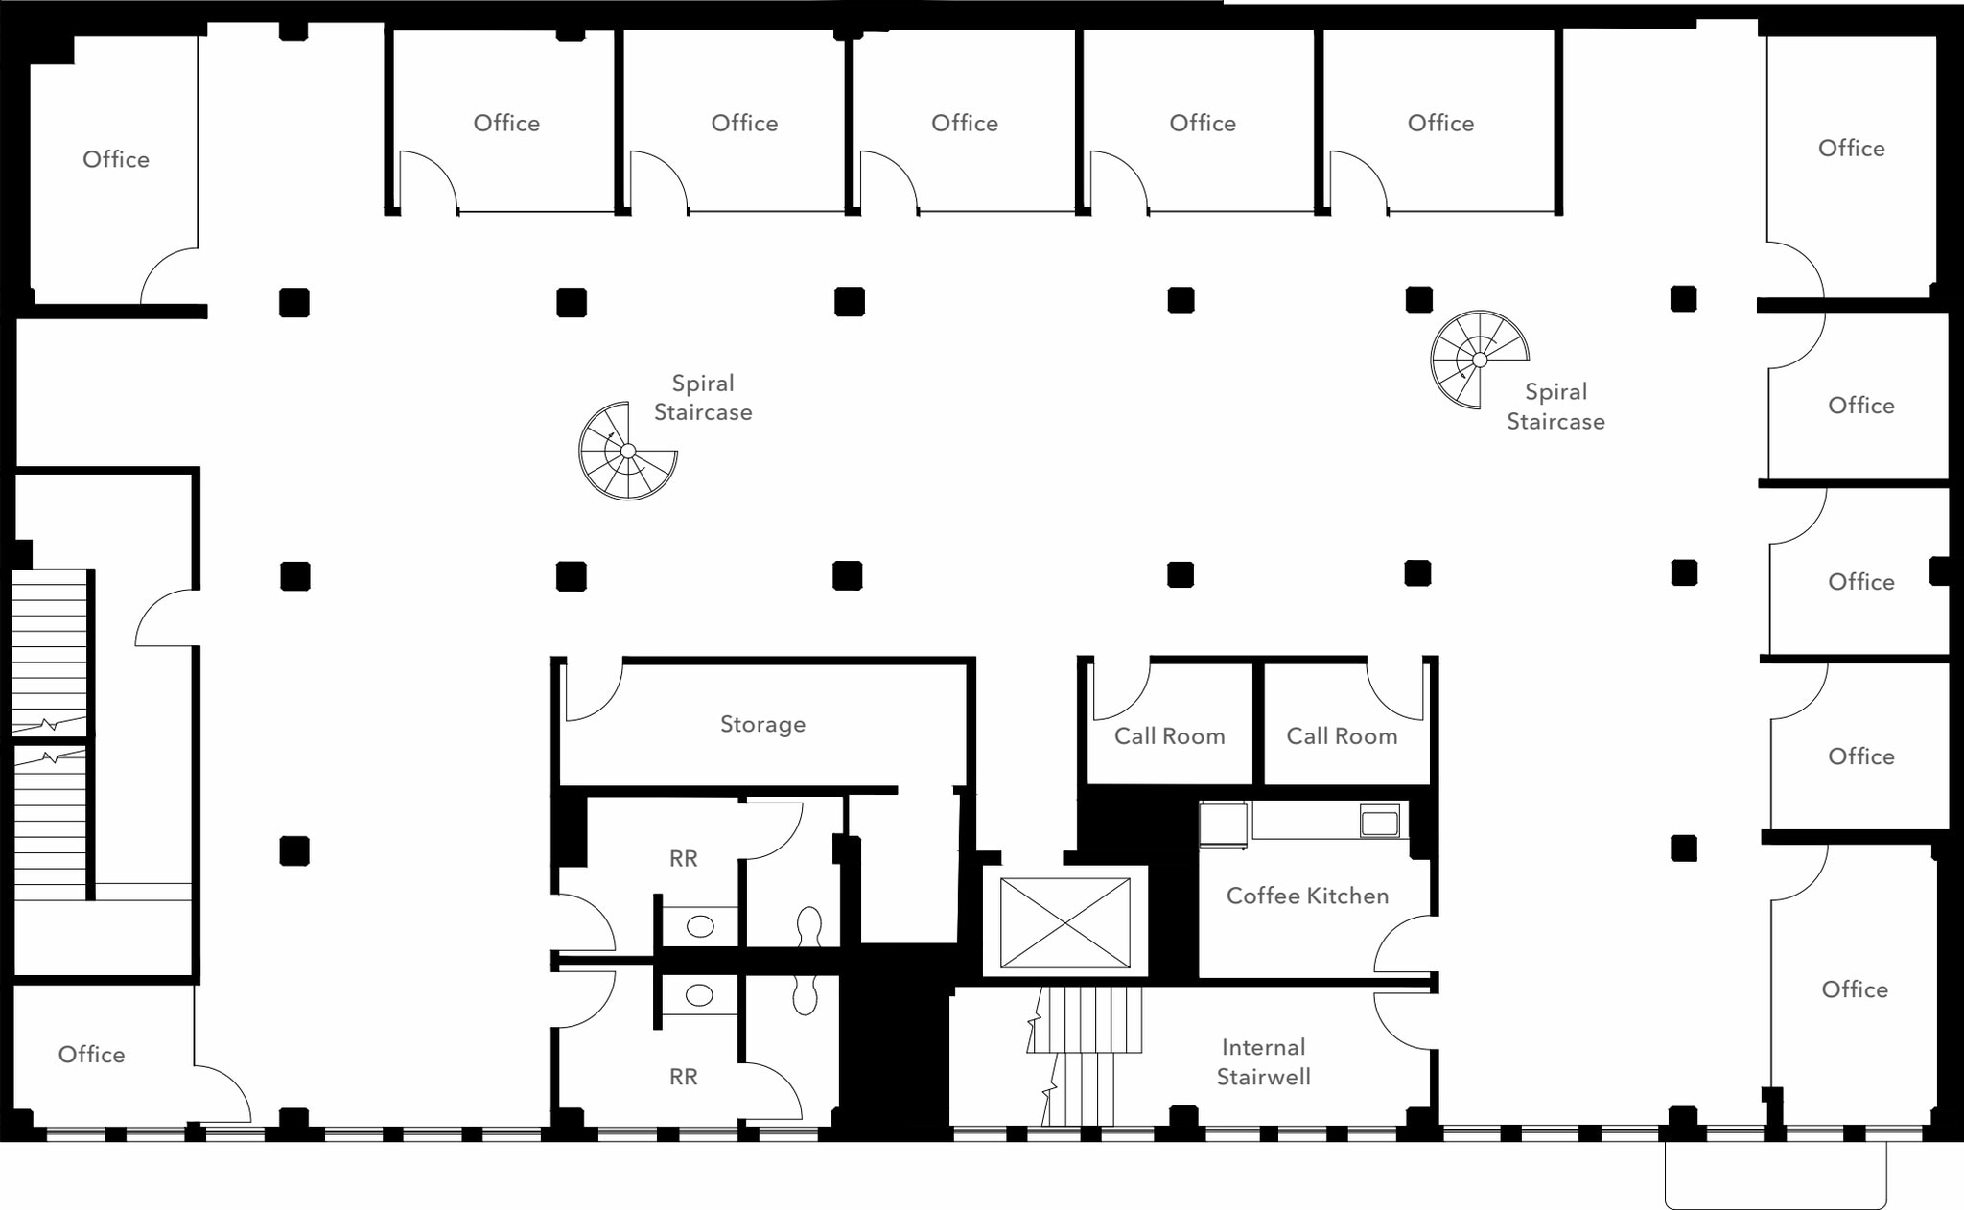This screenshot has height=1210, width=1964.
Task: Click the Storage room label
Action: (762, 724)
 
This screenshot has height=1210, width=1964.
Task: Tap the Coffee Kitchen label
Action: (1307, 896)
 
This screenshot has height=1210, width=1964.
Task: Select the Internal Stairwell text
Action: (1263, 1061)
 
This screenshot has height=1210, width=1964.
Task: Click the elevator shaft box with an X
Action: (1064, 922)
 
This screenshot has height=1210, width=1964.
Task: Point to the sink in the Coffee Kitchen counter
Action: (1379, 822)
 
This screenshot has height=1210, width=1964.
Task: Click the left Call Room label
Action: (1169, 735)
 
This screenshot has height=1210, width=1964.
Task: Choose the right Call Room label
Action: (1342, 735)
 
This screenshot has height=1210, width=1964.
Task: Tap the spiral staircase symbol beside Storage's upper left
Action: (628, 451)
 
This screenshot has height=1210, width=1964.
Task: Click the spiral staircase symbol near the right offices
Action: (1479, 360)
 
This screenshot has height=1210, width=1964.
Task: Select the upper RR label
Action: (683, 858)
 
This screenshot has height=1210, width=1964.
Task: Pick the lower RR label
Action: (683, 1077)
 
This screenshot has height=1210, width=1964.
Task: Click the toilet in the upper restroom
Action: (809, 926)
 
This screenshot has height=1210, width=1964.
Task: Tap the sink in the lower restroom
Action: (700, 995)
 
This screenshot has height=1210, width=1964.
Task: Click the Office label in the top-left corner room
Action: (116, 159)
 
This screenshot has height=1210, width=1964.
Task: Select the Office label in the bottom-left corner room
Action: (91, 1054)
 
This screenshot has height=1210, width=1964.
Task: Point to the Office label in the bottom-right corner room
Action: (1855, 989)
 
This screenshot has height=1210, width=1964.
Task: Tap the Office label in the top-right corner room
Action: (1851, 148)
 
